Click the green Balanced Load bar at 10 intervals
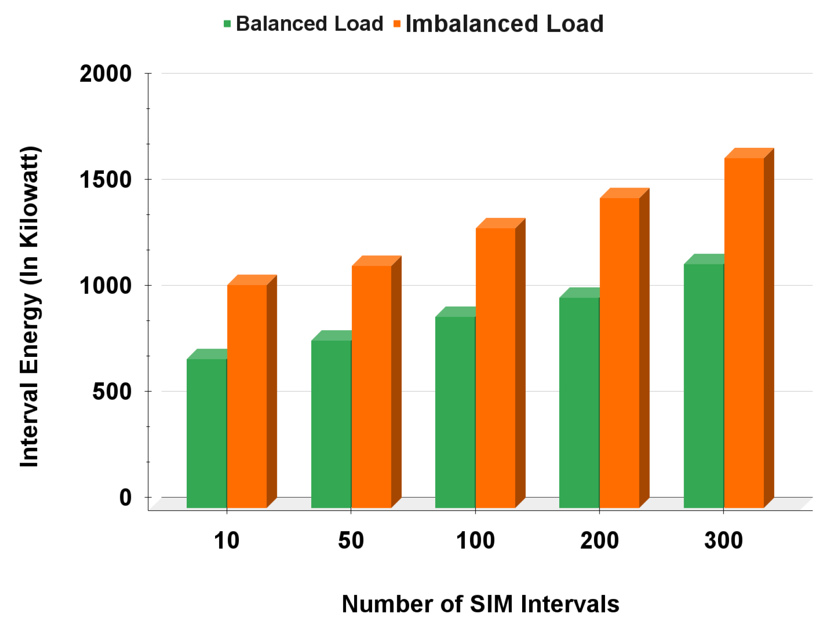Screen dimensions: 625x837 207,432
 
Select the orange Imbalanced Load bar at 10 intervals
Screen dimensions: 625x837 247,396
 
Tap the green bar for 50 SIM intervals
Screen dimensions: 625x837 331,423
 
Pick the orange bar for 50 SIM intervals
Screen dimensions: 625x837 372,387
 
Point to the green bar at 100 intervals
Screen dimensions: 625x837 455,412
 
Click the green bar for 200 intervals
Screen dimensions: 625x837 579,403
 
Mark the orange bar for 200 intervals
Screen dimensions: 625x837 620,352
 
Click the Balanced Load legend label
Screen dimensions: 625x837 309,24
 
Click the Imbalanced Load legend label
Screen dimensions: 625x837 504,24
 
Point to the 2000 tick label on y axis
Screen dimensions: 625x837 106,74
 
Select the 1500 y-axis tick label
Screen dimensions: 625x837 106,180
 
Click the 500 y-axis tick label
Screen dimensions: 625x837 112,392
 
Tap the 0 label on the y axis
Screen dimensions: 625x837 125,497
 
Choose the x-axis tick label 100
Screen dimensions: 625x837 475,540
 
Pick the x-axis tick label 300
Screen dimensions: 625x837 724,540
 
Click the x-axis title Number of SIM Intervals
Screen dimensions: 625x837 481,604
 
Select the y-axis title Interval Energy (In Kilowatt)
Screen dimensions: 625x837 30,307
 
